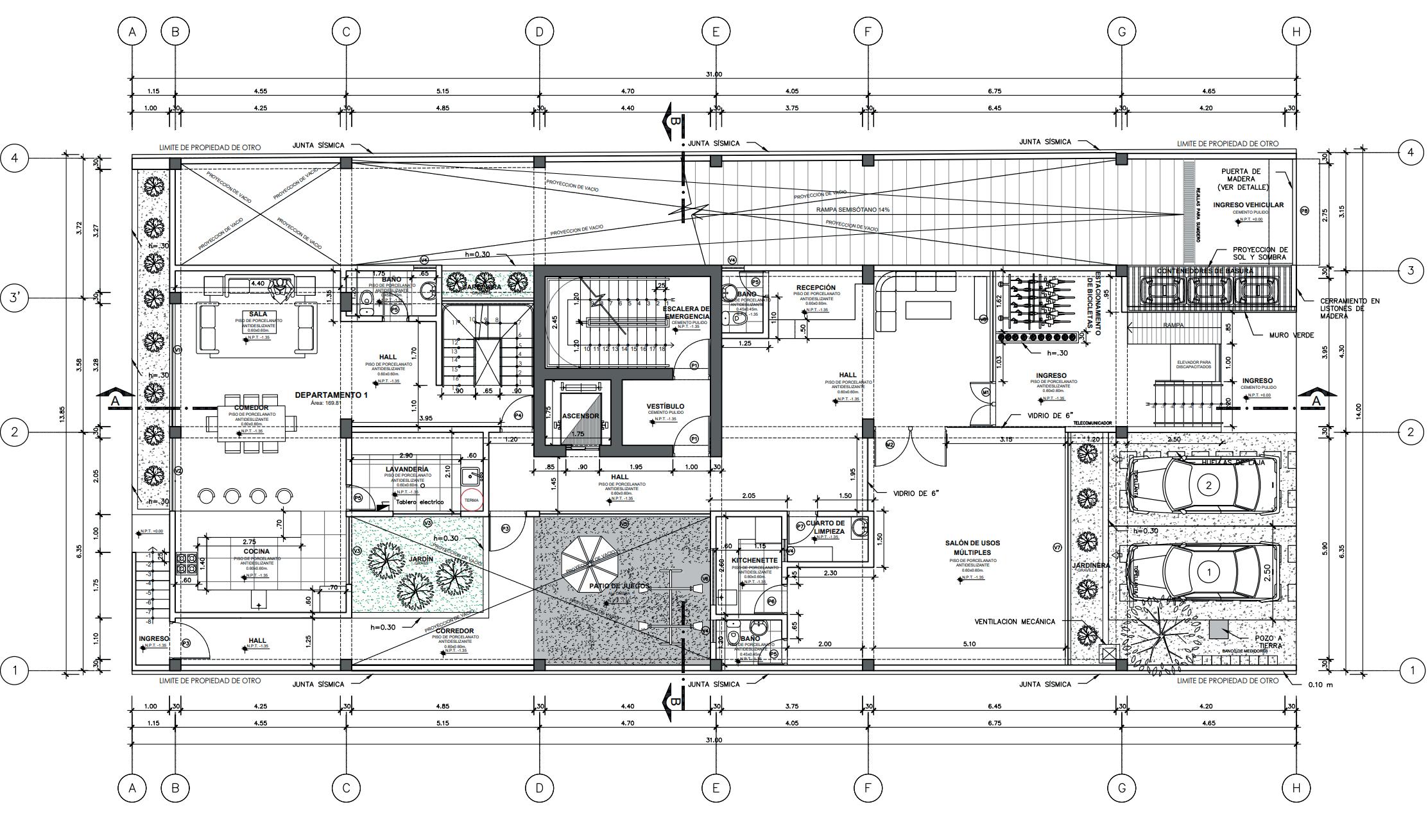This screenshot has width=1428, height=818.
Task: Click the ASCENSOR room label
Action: pyautogui.click(x=581, y=416)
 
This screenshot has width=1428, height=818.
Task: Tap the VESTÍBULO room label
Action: pyautogui.click(x=665, y=406)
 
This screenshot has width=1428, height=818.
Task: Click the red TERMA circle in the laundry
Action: pyautogui.click(x=471, y=500)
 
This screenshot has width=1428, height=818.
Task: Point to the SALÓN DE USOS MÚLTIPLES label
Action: pyautogui.click(x=972, y=548)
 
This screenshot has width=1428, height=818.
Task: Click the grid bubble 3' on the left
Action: pyautogui.click(x=15, y=298)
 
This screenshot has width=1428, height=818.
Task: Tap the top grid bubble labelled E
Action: pyautogui.click(x=716, y=31)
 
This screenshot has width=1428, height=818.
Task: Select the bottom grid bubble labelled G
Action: pyautogui.click(x=1121, y=788)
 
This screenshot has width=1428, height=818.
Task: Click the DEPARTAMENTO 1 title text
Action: pyautogui.click(x=331, y=395)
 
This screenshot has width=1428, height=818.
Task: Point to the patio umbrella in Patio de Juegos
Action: pyautogui.click(x=592, y=556)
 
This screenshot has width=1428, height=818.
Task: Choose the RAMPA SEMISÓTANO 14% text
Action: pyautogui.click(x=853, y=210)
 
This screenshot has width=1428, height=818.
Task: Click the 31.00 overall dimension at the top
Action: pyautogui.click(x=714, y=74)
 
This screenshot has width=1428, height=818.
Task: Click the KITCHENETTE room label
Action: pyautogui.click(x=754, y=560)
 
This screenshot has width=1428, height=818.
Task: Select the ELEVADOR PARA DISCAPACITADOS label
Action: pyautogui.click(x=1194, y=364)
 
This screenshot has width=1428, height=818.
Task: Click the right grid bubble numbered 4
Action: pyautogui.click(x=1410, y=153)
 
